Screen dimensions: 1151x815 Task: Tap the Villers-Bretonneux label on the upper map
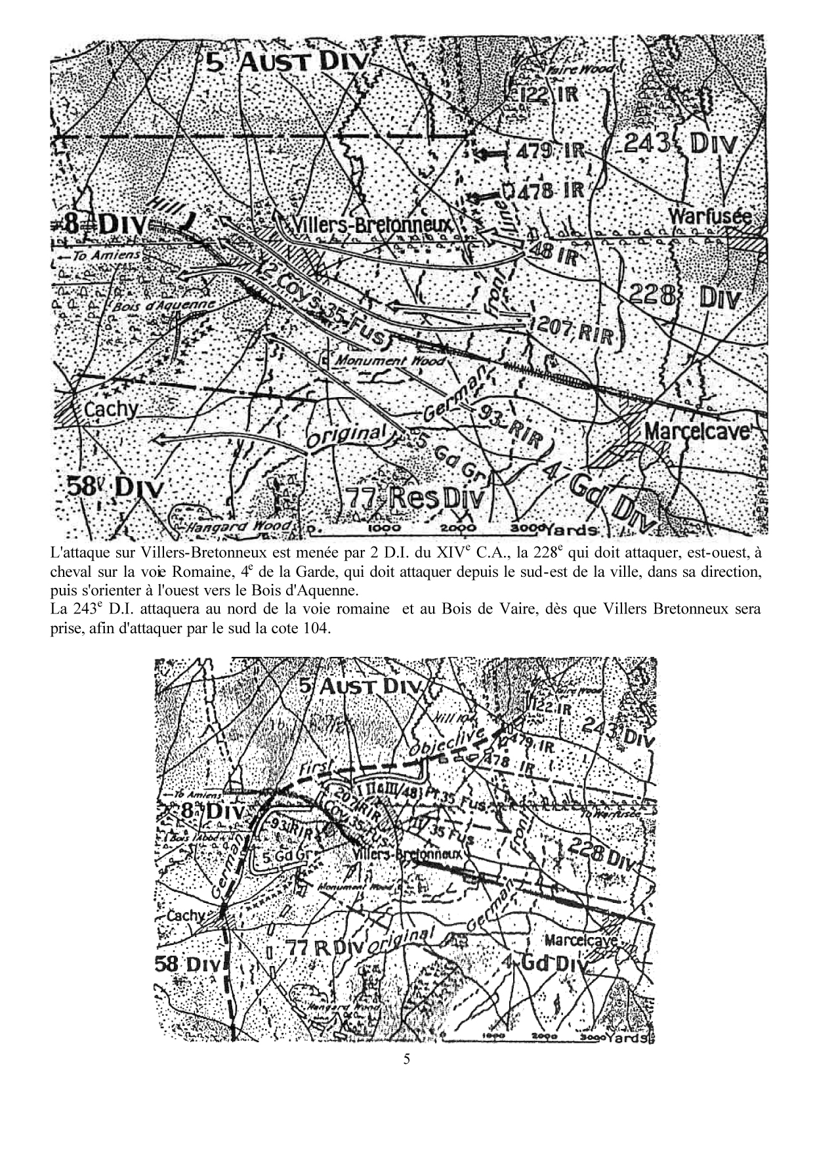coord(371,225)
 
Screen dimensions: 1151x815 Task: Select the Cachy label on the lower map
coord(186,915)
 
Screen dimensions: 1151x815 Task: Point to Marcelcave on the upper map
coord(697,431)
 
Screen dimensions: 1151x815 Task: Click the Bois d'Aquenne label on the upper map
coord(163,306)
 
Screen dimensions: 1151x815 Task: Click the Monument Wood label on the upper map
coord(391,361)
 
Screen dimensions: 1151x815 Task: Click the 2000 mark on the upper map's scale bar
coord(457,528)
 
